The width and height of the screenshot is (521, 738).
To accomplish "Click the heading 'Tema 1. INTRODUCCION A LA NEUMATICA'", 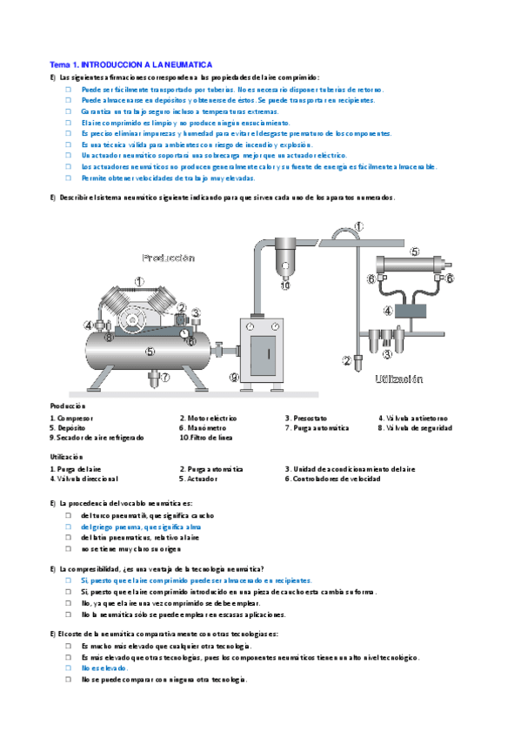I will point(130,64).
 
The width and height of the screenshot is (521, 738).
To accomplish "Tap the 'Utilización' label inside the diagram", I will point(398,379).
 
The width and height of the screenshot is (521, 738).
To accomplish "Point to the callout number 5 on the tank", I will point(150,352).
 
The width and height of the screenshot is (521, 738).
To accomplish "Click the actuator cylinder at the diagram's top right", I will point(411,262).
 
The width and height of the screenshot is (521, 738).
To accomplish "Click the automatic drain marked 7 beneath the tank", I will point(164,376).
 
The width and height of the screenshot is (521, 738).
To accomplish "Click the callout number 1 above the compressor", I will point(139,280).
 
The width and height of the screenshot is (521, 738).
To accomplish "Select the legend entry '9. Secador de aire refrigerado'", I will point(97,438).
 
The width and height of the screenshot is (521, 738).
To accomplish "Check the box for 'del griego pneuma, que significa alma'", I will point(67,527).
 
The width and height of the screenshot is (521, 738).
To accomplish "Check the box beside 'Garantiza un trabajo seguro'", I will point(67,112).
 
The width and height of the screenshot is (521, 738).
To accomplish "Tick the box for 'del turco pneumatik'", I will point(67,516).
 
